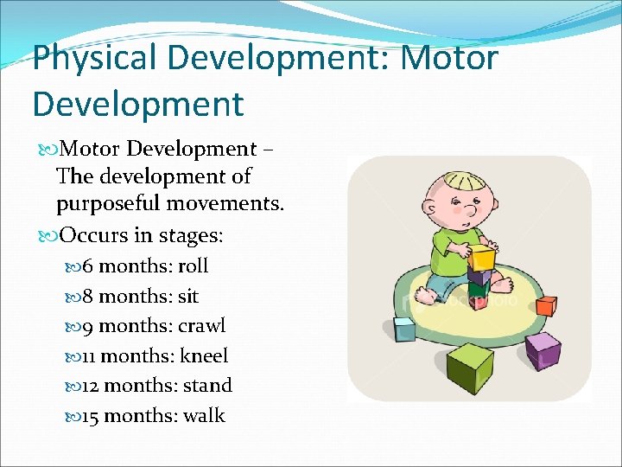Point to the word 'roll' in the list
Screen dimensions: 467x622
coord(193,266)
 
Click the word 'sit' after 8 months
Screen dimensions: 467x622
coord(187,297)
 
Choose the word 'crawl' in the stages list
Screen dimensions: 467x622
coord(201,326)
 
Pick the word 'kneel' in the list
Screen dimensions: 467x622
coord(204,355)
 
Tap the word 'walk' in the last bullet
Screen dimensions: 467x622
coord(204,415)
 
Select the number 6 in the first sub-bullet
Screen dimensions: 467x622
coord(88,266)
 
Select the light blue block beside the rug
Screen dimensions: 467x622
coord(404,329)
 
